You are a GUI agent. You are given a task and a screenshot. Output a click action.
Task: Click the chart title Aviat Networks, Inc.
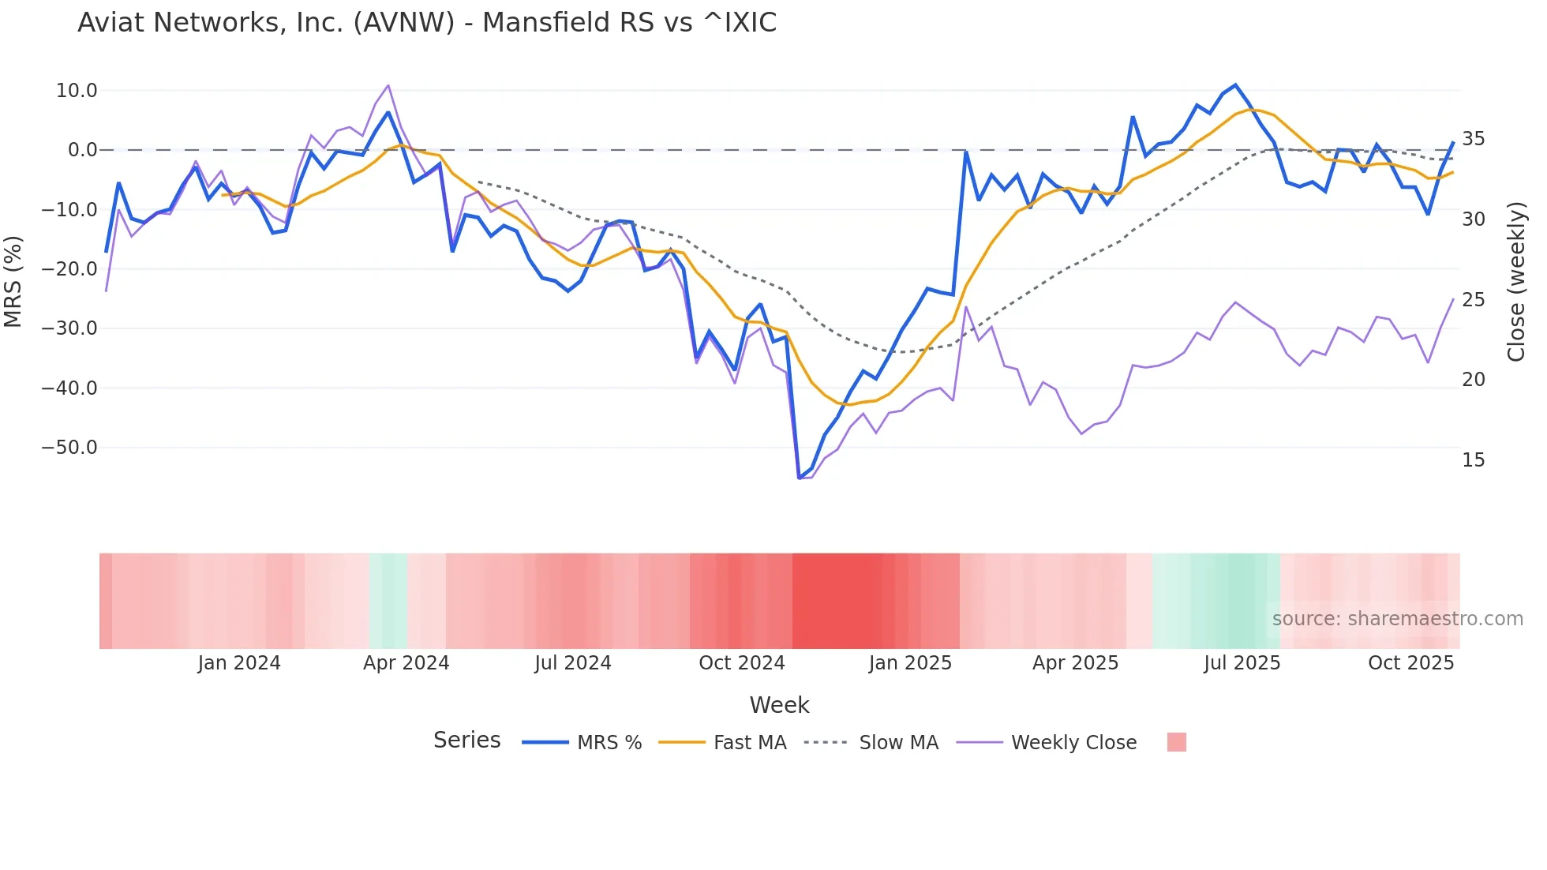tap(426, 23)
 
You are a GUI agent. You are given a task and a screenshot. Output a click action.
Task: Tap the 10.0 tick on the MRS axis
tap(77, 91)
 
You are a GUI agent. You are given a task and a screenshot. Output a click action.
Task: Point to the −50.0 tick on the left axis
tap(69, 448)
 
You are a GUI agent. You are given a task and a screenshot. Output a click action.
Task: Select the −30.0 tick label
tap(69, 328)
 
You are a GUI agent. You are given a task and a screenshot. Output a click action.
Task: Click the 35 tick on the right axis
tap(1473, 139)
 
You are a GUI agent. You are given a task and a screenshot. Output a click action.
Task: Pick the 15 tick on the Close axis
tap(1473, 460)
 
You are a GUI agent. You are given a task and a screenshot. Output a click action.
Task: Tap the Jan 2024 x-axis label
tap(239, 663)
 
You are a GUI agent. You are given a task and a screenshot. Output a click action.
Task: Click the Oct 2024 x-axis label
tap(742, 663)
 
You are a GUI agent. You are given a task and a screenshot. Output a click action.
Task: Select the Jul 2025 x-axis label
tap(1242, 663)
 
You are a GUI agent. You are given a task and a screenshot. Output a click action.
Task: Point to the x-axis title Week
tap(779, 705)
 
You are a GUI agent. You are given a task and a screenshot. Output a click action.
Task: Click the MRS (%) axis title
tap(13, 281)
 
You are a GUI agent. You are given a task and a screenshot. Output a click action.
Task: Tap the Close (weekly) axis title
tap(1516, 282)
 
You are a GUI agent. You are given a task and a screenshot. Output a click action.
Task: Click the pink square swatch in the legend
tap(1176, 742)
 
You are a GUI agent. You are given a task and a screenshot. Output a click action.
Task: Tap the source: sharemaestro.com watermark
tap(1397, 619)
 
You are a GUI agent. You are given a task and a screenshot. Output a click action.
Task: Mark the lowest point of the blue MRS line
tap(799, 478)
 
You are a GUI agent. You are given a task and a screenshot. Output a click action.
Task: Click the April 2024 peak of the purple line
tap(388, 85)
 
